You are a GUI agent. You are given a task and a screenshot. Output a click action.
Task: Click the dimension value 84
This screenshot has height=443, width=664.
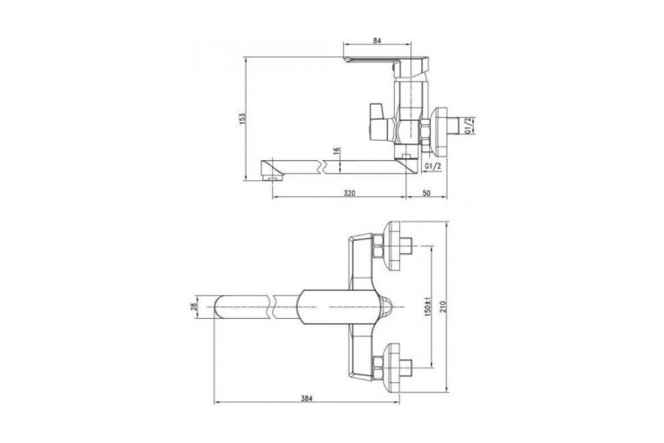[x=377, y=40]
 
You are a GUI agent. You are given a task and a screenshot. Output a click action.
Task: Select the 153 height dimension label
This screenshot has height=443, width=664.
[x=243, y=119]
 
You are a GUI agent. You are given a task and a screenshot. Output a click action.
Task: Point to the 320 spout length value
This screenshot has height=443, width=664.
[x=350, y=193]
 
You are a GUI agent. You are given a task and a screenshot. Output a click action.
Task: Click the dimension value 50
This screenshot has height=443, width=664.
[x=426, y=193]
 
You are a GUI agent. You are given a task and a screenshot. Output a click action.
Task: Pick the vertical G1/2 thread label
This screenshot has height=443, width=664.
[x=468, y=126]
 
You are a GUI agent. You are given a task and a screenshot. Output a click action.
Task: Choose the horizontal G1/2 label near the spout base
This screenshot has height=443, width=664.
[x=433, y=167]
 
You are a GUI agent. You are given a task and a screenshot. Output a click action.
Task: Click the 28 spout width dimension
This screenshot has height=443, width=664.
[x=194, y=307]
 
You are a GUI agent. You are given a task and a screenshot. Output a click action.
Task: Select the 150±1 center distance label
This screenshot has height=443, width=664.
[x=428, y=307]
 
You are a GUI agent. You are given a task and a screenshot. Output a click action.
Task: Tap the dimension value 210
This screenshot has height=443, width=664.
[x=443, y=307]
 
